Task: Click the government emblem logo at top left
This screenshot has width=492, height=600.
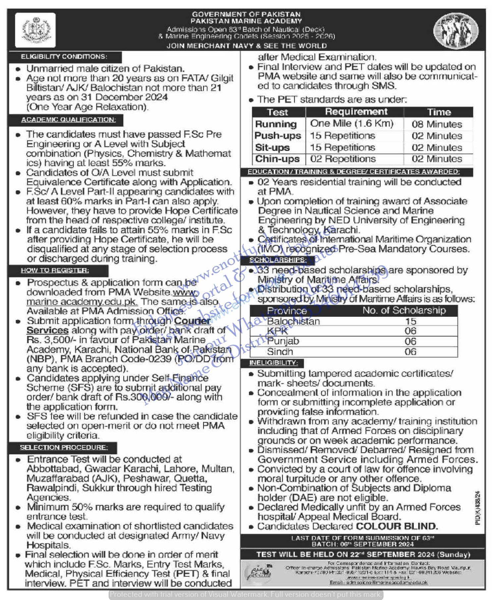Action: (x=35, y=31)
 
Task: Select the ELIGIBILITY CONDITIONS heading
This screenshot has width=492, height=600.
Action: (x=64, y=57)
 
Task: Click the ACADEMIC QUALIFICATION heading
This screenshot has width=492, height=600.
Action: (x=69, y=120)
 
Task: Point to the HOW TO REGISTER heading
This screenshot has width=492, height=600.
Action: (x=55, y=271)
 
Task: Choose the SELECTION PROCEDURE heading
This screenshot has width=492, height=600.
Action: (x=64, y=448)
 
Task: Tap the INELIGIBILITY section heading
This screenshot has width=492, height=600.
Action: (x=274, y=363)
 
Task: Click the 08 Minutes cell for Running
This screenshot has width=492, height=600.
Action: (x=437, y=124)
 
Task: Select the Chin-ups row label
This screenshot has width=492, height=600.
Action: (x=277, y=159)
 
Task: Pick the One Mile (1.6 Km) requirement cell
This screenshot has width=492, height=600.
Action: (x=352, y=124)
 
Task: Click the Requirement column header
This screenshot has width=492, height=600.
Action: (x=356, y=112)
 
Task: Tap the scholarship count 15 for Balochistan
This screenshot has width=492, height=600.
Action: (x=410, y=321)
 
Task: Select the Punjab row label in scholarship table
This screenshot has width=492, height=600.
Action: (x=283, y=341)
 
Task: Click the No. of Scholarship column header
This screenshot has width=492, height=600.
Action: (x=404, y=310)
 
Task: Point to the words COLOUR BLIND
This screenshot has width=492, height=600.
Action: (x=397, y=526)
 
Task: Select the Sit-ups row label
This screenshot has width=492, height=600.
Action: (x=272, y=148)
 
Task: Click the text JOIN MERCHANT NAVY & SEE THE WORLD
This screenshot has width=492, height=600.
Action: (x=246, y=46)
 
